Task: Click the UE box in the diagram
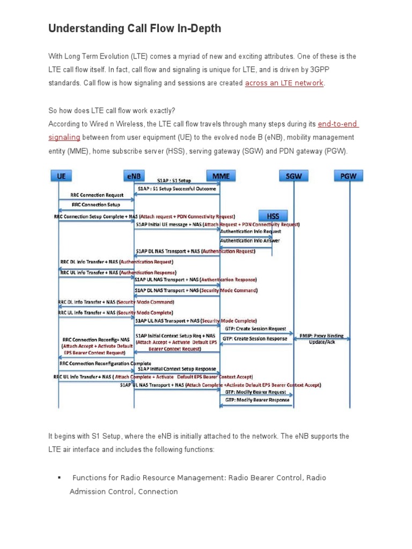pyautogui.click(x=62, y=176)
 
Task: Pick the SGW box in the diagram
pyautogui.click(x=293, y=176)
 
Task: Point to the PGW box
pyautogui.click(x=348, y=176)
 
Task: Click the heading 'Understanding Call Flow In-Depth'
pyautogui.click(x=135, y=28)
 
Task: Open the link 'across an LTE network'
pyautogui.click(x=284, y=83)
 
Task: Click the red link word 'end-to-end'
pyautogui.click(x=337, y=124)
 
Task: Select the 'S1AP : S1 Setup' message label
pyautogui.click(x=174, y=181)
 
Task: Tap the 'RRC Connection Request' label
pyautogui.click(x=97, y=195)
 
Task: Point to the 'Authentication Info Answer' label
pyautogui.click(x=250, y=241)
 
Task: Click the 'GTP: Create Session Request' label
pyautogui.click(x=255, y=329)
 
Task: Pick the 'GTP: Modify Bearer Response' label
pyautogui.click(x=257, y=400)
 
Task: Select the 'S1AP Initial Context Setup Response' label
pyautogui.click(x=176, y=369)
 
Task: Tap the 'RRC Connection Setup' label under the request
pyautogui.click(x=95, y=204)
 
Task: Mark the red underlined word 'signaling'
pyautogui.click(x=64, y=138)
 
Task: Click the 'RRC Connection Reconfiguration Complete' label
pyautogui.click(x=105, y=363)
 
